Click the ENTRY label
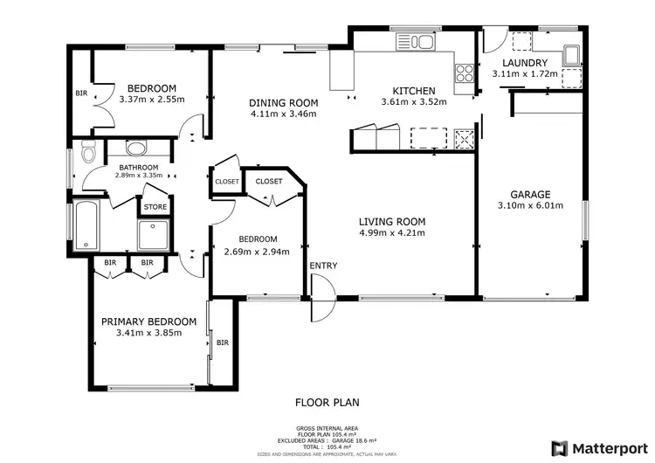323,266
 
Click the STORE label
155,207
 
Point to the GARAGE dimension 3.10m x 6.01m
530,206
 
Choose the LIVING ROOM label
391,221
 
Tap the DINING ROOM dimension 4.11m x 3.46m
284,114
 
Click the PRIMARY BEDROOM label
148,321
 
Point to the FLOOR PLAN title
327,403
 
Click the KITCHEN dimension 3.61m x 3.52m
413,102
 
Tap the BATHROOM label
139,167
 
